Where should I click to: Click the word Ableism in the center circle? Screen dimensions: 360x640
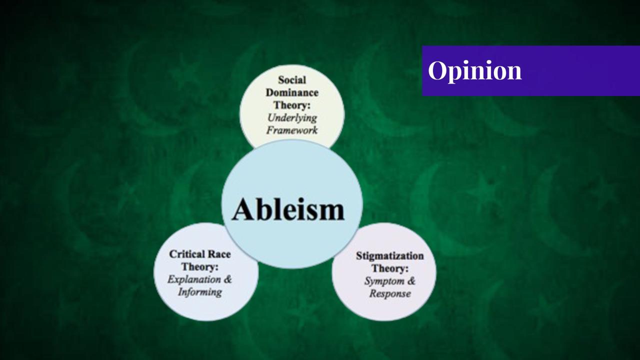pyautogui.click(x=288, y=209)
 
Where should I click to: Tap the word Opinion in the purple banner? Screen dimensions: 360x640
pyautogui.click(x=474, y=70)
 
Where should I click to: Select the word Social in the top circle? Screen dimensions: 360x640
pyautogui.click(x=292, y=79)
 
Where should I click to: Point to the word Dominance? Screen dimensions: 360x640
pyautogui.click(x=292, y=92)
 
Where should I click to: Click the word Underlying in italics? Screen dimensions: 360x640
pyautogui.click(x=292, y=118)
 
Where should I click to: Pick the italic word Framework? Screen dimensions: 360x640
pyautogui.click(x=292, y=130)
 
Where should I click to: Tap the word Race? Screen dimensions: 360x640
pyautogui.click(x=219, y=254)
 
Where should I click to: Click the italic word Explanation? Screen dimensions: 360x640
pyautogui.click(x=194, y=279)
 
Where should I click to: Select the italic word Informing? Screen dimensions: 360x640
pyautogui.click(x=199, y=291)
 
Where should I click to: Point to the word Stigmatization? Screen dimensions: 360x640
pyautogui.click(x=389, y=255)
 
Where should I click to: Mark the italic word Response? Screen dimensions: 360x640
pyautogui.click(x=390, y=293)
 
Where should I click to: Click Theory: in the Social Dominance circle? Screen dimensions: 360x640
pyautogui.click(x=292, y=105)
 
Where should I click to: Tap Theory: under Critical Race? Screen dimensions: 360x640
pyautogui.click(x=199, y=266)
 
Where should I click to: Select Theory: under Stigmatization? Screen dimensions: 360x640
pyautogui.click(x=389, y=268)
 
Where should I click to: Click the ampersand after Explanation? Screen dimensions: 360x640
pyautogui.click(x=227, y=279)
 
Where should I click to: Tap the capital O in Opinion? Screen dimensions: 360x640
pyautogui.click(x=436, y=70)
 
